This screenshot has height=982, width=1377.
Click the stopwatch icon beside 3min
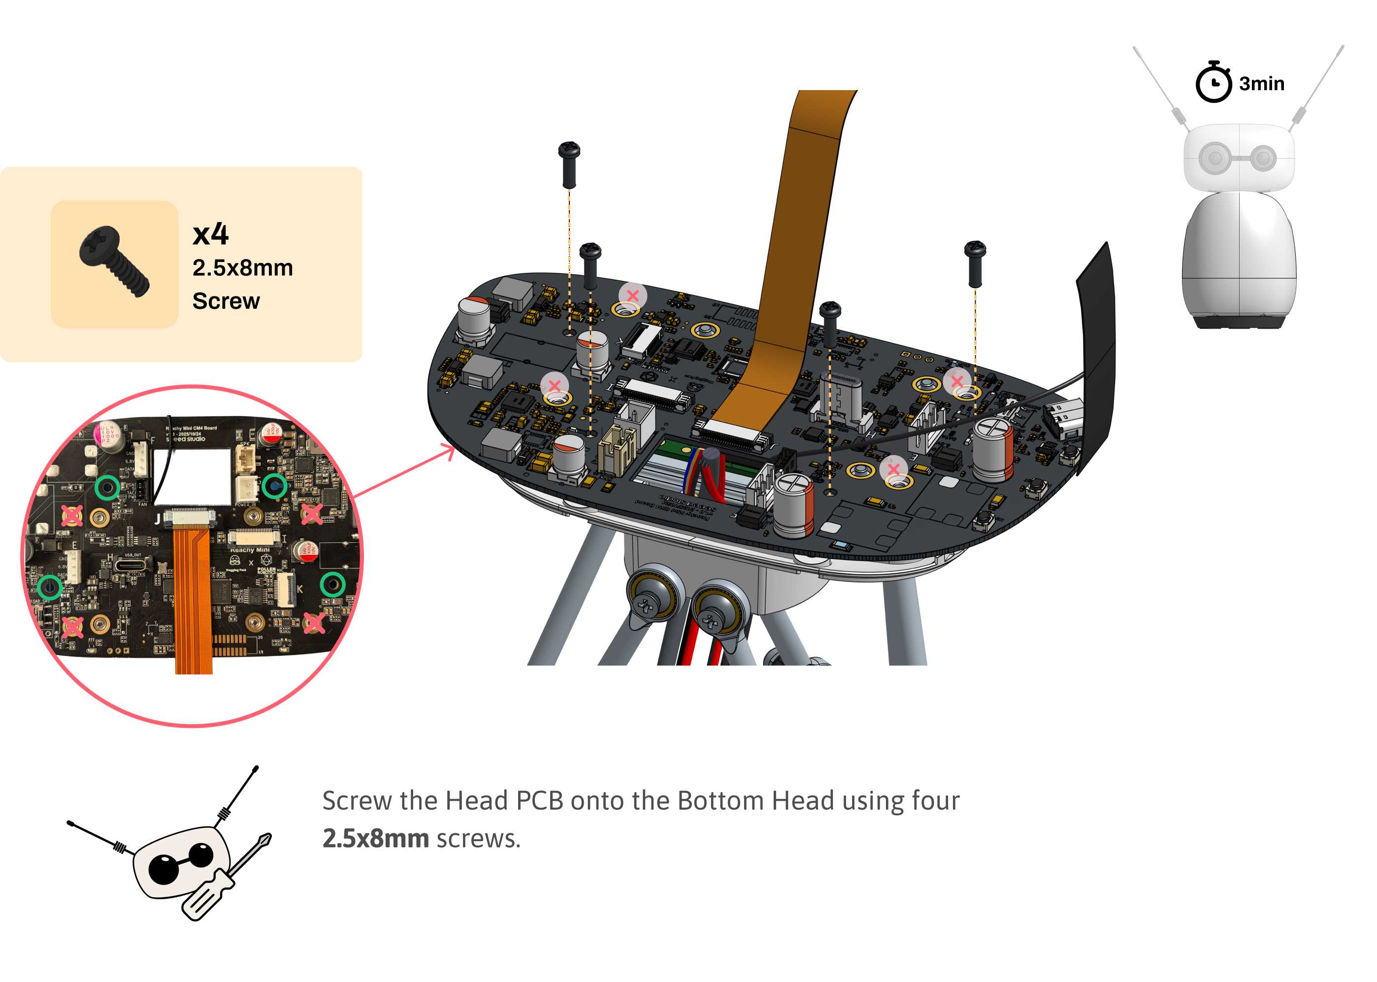coord(1213,83)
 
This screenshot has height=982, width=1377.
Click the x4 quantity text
coord(210,234)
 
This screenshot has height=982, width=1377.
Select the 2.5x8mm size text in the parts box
coord(242,268)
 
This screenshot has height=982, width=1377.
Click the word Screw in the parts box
coord(226,301)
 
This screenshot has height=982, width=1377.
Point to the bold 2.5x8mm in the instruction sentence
coord(376,839)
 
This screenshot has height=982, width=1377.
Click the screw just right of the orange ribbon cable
coord(830,324)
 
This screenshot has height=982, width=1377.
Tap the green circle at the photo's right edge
coord(332,584)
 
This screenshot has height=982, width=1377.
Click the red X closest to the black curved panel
coord(957,381)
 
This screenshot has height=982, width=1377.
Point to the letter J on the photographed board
coord(157,519)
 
